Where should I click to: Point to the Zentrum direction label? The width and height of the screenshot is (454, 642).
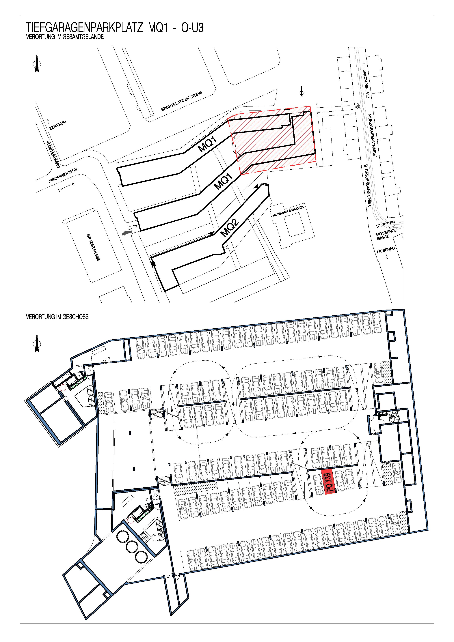(x=58, y=125)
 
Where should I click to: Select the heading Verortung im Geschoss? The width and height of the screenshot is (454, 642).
(x=57, y=317)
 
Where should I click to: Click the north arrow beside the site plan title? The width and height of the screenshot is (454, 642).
(x=37, y=62)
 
